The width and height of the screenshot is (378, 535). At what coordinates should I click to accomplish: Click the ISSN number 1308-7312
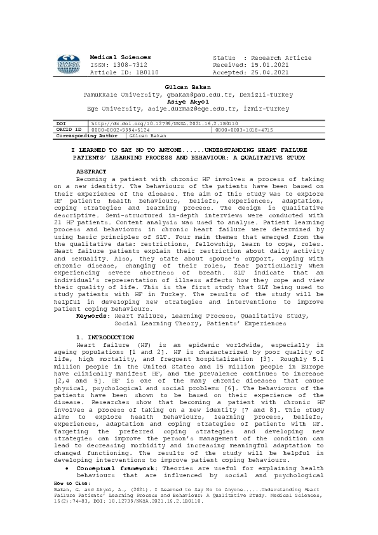coord(132,65)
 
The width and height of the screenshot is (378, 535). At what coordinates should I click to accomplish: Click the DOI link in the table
coord(164,123)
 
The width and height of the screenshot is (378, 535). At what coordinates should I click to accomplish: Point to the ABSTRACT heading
coord(91,172)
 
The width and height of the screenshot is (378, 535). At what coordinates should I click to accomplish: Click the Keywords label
coord(92,316)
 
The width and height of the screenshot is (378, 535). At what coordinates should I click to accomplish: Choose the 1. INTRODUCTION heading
coord(105,337)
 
